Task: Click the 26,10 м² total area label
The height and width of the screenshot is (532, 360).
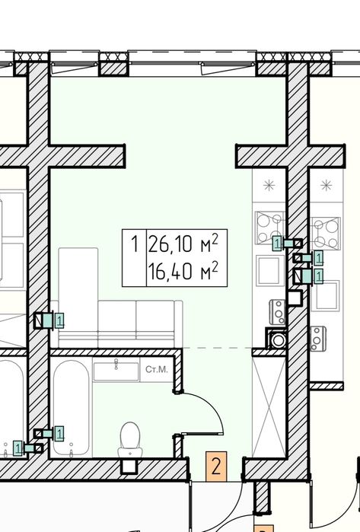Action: (x=183, y=244)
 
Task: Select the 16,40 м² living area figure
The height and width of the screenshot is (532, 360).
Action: (x=183, y=271)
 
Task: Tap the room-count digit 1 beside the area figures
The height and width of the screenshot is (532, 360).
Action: (x=135, y=244)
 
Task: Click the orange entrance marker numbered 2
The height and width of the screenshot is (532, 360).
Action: (x=216, y=467)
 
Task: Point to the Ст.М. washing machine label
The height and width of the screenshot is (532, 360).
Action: (x=157, y=369)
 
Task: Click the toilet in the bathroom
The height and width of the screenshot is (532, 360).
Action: (x=130, y=440)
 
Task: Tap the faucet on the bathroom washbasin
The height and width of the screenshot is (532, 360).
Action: (x=116, y=364)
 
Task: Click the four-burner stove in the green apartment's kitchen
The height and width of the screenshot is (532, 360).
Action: (x=270, y=228)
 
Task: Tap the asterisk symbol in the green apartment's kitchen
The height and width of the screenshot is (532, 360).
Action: (x=269, y=185)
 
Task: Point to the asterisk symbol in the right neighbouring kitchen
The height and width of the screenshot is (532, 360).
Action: (x=326, y=185)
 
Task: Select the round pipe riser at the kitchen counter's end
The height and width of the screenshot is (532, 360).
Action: (x=278, y=339)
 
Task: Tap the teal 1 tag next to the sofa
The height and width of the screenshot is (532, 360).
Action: (x=59, y=320)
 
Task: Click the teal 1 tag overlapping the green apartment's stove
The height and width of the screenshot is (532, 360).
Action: (x=277, y=244)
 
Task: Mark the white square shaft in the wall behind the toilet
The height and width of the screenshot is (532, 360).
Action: (x=129, y=467)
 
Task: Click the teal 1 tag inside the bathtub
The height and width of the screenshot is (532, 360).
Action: (x=59, y=434)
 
